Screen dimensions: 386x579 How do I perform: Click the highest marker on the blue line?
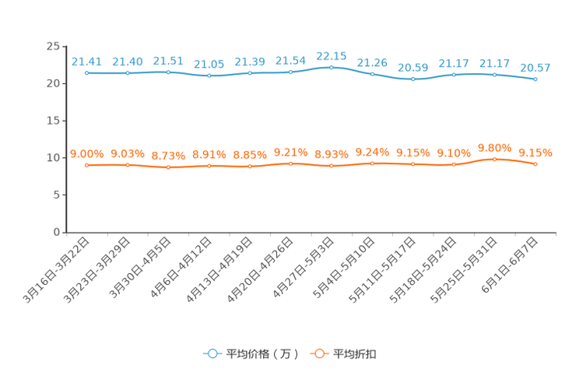pos(332,67)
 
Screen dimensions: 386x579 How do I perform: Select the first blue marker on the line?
pos(87,73)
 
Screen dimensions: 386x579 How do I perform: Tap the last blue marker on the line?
pos(535,79)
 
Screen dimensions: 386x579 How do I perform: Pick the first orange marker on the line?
pos(87,165)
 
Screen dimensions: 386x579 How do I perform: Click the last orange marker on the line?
pos(535,163)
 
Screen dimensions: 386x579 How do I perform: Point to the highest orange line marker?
pos(494,159)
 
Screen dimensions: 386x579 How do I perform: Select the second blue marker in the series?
pos(128,73)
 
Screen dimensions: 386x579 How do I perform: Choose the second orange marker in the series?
pos(128,165)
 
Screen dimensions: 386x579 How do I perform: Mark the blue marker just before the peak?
pos(290,72)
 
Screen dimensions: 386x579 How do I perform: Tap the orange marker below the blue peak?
pos(332,166)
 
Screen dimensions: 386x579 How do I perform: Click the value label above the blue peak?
pos(332,56)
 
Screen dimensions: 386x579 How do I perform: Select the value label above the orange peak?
pos(494,147)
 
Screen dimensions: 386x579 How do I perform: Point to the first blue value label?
pos(86,61)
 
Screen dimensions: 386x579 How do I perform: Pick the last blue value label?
pos(535,68)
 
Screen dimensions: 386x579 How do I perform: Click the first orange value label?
pos(86,153)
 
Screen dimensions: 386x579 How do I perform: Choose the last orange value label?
pos(535,152)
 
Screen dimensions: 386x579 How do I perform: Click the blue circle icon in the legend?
pos(212,353)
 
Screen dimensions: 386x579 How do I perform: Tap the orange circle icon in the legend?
pos(319,353)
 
